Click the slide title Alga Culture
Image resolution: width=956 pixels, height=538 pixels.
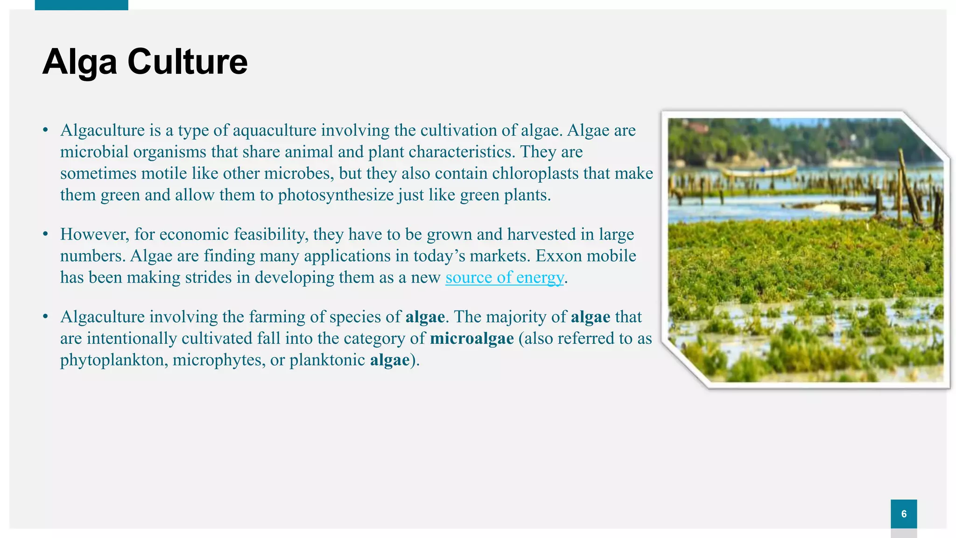(x=145, y=62)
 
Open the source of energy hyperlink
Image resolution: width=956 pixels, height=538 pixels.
(x=505, y=277)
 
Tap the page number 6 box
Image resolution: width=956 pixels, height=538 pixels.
(x=904, y=514)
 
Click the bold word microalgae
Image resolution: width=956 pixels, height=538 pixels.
(x=471, y=338)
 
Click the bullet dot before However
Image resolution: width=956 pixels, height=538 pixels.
(x=45, y=233)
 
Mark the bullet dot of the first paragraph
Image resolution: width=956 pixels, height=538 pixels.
(x=45, y=129)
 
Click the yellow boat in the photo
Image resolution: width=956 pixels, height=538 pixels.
(x=759, y=171)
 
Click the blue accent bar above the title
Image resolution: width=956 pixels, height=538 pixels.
(x=81, y=5)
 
